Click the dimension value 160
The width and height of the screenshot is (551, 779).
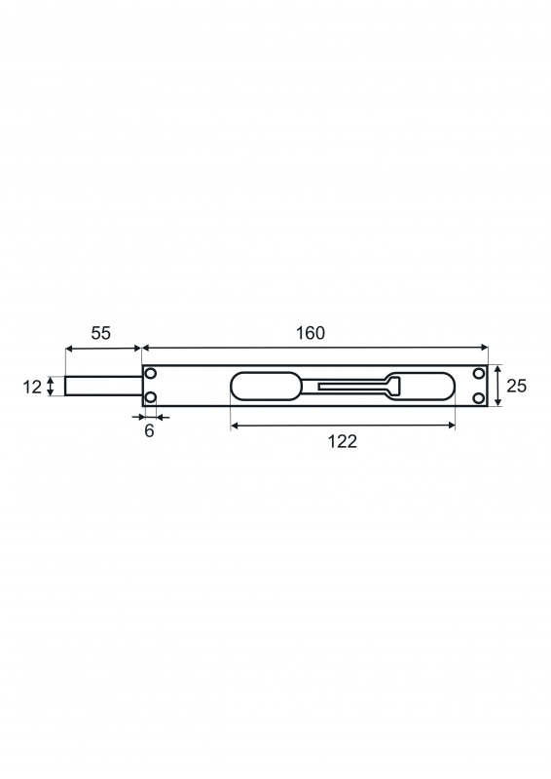311,333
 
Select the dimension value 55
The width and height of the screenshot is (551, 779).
101,333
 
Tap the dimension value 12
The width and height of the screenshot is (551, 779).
32,387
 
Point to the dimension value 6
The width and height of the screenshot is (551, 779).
150,430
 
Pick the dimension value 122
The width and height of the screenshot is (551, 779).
343,441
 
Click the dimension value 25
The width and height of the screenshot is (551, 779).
516,386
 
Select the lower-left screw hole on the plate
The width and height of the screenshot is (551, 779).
151,397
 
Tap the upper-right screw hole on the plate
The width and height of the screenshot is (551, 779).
479,374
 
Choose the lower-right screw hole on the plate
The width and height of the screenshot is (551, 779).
479,397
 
